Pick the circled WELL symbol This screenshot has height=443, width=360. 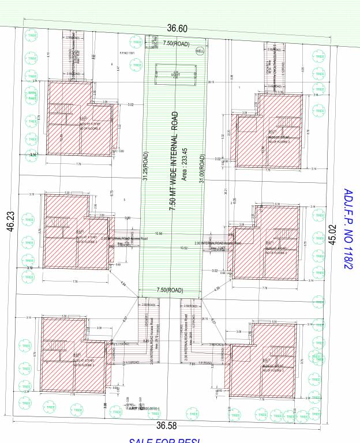coord(200,51)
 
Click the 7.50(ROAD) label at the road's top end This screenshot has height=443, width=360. coord(176,43)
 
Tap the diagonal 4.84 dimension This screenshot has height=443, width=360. coord(123,284)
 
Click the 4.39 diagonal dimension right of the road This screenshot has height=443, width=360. coord(216,288)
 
